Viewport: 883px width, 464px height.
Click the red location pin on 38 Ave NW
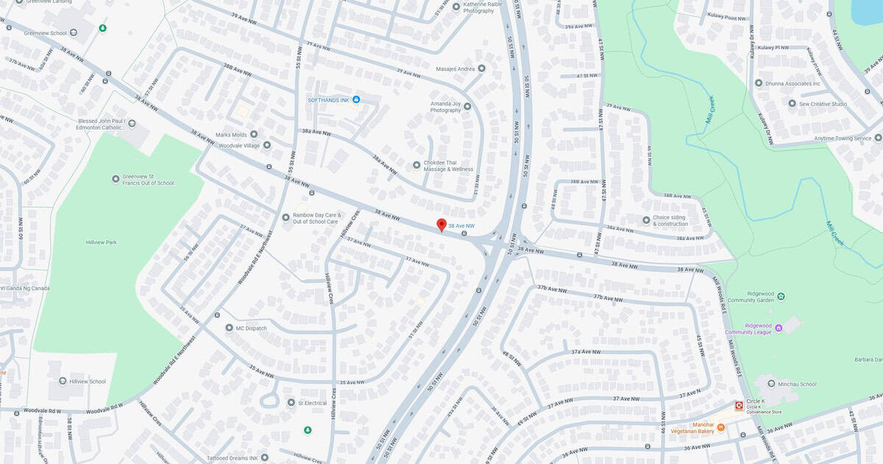tap(441, 225)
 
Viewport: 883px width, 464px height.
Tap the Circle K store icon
tap(739, 406)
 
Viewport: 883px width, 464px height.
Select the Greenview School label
tap(45, 33)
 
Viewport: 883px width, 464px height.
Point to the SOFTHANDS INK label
tap(328, 99)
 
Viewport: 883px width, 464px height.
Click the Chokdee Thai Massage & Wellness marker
tap(416, 165)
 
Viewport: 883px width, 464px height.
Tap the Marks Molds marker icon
tap(254, 134)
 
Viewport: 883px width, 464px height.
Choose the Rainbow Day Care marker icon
tap(286, 217)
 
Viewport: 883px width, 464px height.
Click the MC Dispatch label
tap(251, 328)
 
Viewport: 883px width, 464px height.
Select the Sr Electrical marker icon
tap(291, 403)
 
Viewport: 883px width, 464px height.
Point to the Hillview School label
tap(87, 382)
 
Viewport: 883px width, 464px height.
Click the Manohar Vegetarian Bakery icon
tap(720, 427)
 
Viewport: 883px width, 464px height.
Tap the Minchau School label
tap(797, 384)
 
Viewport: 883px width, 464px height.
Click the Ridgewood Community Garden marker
tap(781, 296)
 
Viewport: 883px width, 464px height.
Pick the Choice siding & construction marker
tap(646, 219)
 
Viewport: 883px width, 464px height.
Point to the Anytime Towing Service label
tap(842, 138)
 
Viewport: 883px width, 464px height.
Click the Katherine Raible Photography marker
tap(456, 7)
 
